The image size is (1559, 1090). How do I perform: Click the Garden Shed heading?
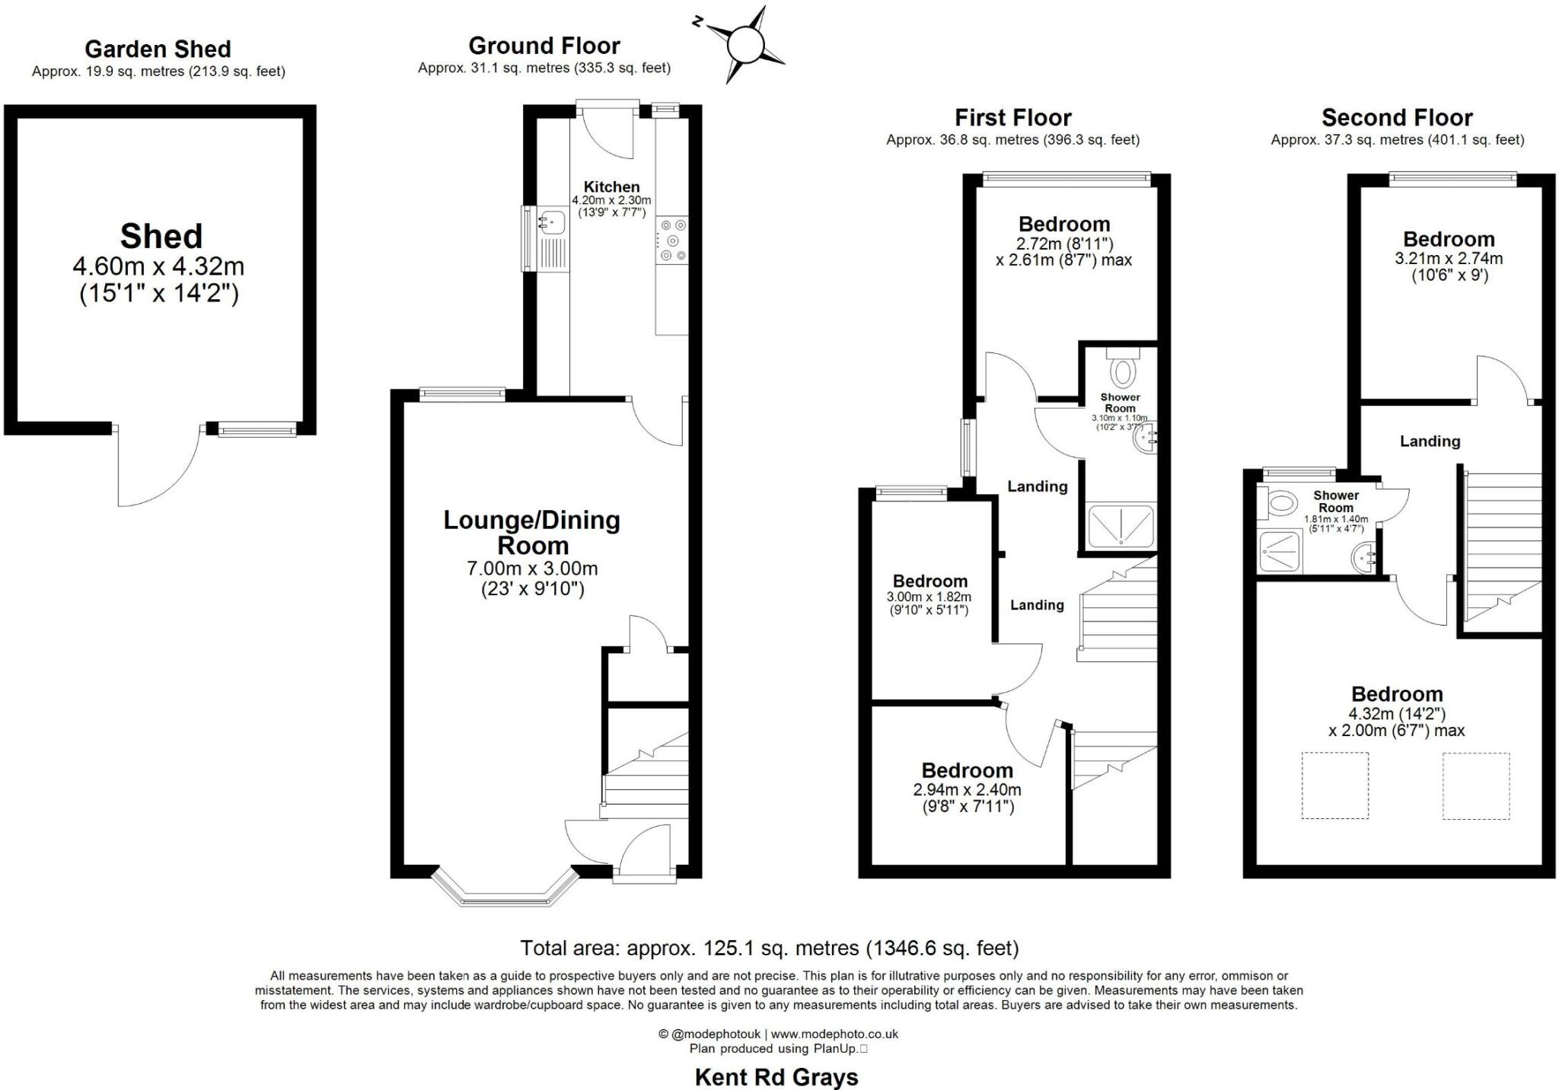coord(158,49)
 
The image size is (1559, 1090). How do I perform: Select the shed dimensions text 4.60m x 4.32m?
coord(158,266)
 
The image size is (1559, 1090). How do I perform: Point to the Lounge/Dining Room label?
coord(532,533)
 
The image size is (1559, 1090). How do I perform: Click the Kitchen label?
coord(611,186)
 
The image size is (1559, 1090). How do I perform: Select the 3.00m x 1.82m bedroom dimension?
coord(929,598)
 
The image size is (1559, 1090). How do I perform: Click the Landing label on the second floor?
coord(1430,441)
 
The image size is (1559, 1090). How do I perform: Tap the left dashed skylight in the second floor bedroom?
coord(1334,786)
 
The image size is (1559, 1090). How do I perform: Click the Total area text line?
coord(769,948)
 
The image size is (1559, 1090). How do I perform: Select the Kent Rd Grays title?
coord(776,1077)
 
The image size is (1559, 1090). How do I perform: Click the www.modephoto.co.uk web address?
coord(834,1034)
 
